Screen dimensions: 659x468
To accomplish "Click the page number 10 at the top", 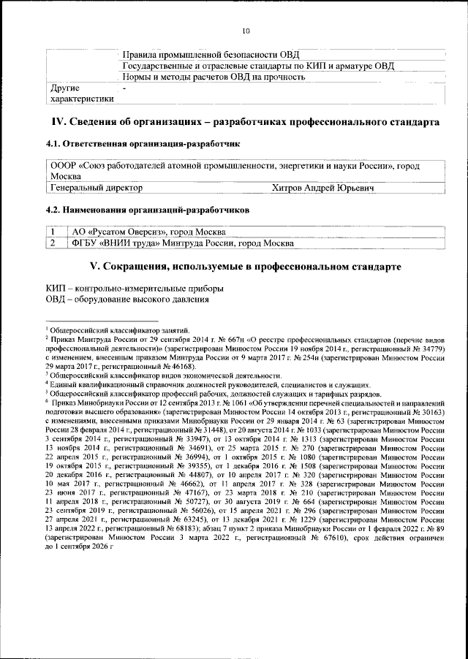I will (x=246, y=31).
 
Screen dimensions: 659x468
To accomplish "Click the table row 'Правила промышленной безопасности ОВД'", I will (x=214, y=55).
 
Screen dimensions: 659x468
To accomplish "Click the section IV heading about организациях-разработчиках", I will (x=245, y=121).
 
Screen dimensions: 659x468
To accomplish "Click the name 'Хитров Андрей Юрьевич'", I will (x=322, y=188).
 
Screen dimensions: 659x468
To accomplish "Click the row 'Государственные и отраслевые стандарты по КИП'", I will (x=259, y=66).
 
